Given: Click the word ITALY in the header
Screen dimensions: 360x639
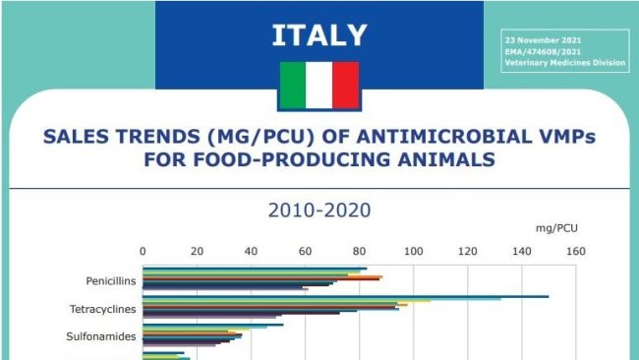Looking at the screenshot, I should tap(319, 35).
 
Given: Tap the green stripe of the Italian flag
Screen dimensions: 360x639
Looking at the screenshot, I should tap(293, 85).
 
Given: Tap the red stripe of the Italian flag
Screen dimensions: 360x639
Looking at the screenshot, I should tap(346, 85).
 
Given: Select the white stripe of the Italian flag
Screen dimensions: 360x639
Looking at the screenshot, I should tap(319, 85).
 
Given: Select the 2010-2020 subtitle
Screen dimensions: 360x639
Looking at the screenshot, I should tap(319, 210).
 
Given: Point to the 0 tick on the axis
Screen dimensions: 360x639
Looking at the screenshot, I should tap(144, 252).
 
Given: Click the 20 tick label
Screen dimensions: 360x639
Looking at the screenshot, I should tap(197, 252).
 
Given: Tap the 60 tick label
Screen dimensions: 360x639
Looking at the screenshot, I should tap(305, 252).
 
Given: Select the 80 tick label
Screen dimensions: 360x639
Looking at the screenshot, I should tap(359, 252).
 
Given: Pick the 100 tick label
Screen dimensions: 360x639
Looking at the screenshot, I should tap(413, 252).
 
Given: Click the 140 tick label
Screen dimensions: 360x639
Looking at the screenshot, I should tap(521, 252).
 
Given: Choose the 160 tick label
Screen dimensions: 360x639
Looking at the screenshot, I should tap(575, 252).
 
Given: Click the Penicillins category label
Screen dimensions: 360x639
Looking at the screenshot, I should tap(111, 280).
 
